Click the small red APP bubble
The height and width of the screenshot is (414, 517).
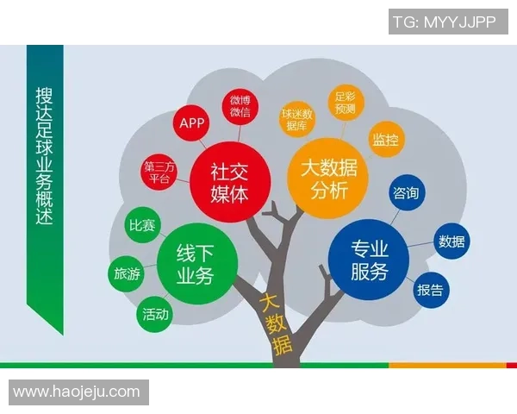pos(191,123)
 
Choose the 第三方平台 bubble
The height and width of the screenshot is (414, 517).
pos(159,172)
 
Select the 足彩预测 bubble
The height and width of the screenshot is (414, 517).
pos(345,103)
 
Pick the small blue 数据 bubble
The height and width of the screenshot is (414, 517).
pos(452,241)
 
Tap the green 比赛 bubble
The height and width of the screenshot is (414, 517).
pos(142,226)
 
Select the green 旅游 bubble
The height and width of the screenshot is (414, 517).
pos(127,274)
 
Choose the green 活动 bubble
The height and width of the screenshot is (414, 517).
pos(156,315)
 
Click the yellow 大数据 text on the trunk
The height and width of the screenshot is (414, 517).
pos(277,326)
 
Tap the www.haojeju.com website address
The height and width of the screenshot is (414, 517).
pos(77,392)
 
